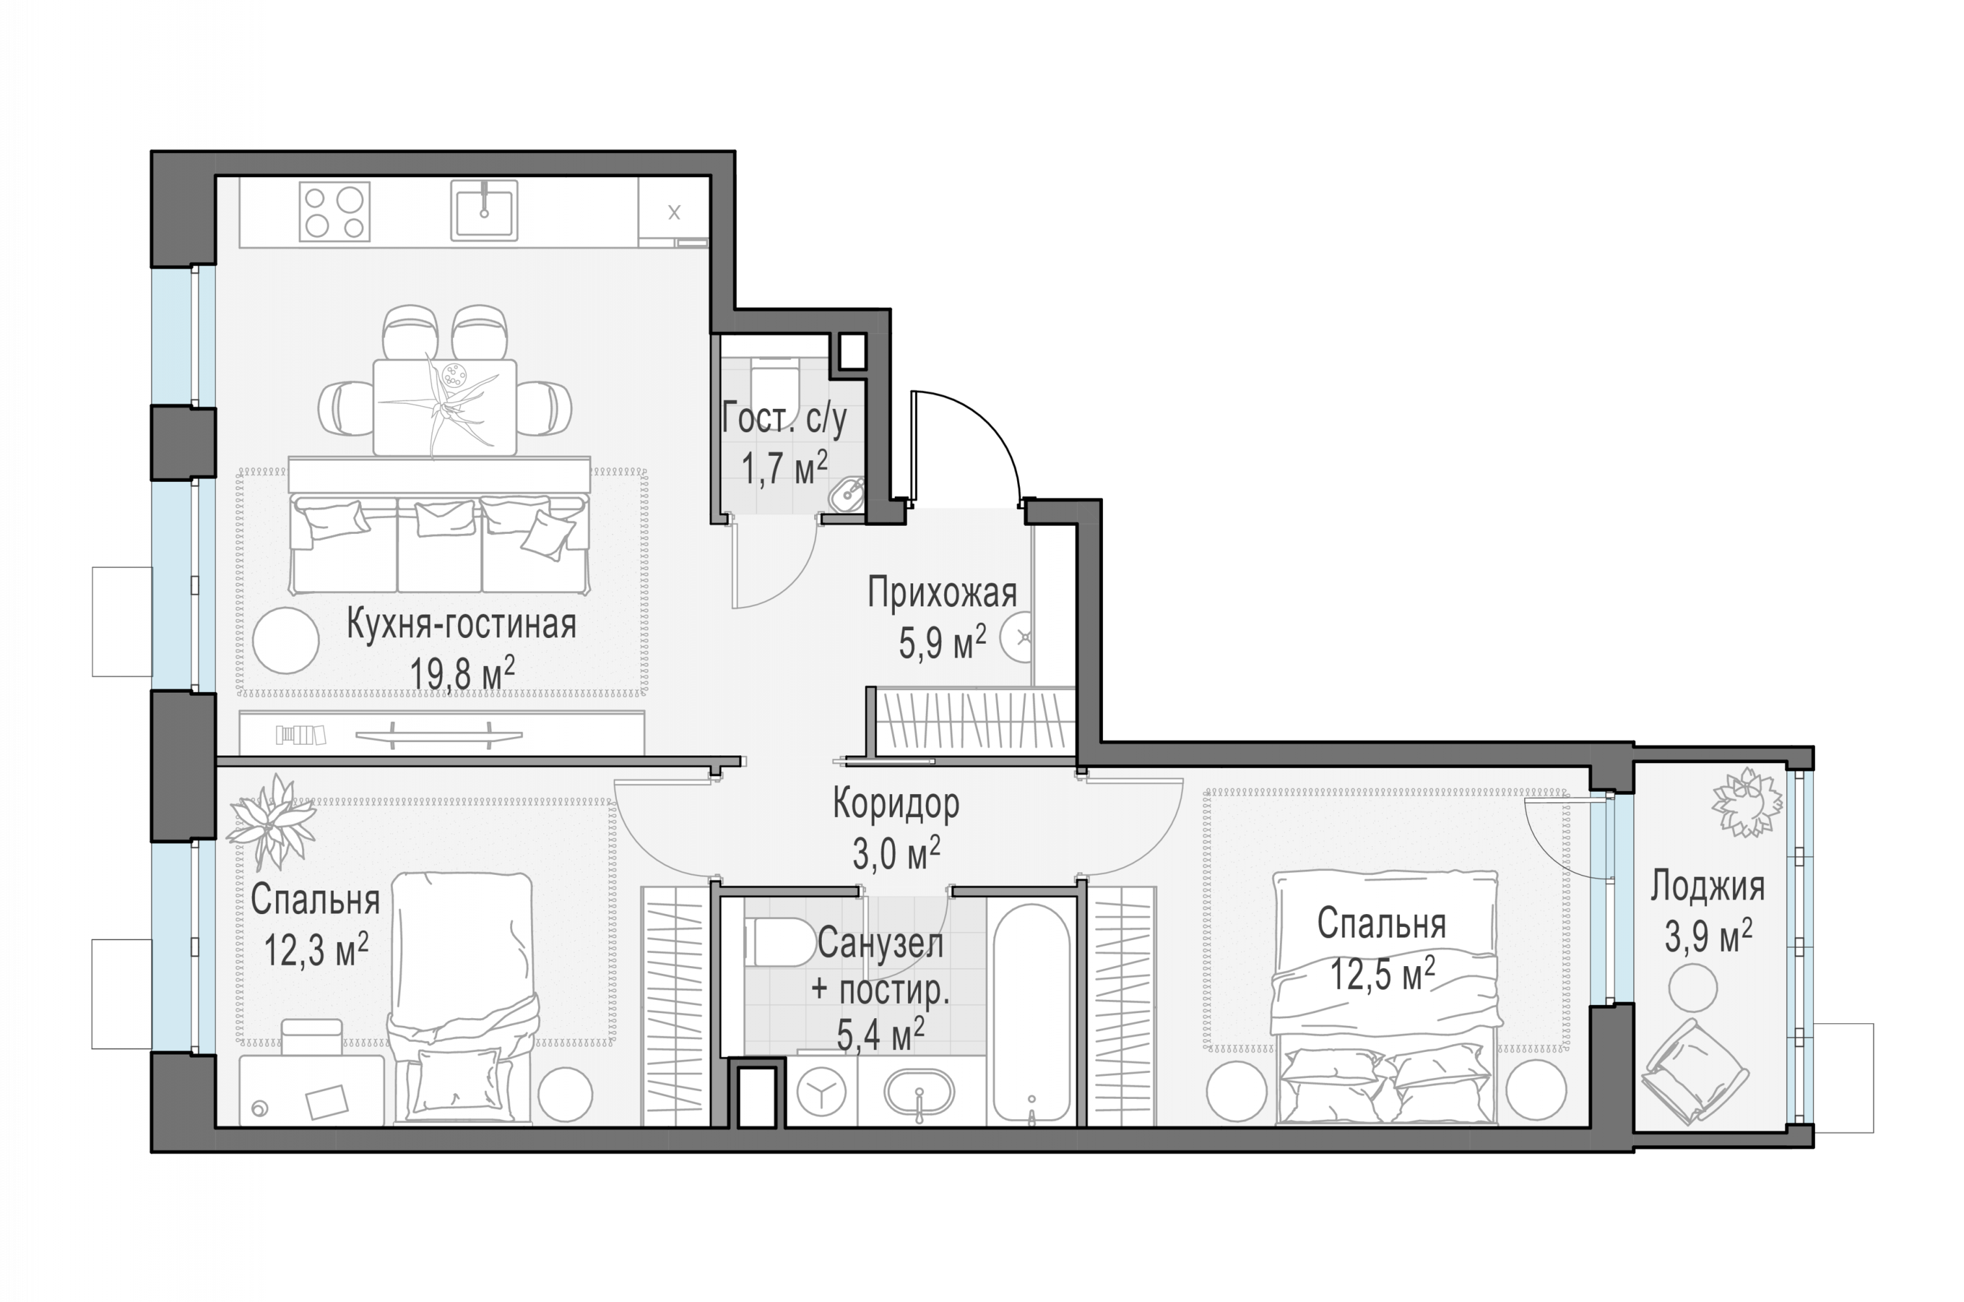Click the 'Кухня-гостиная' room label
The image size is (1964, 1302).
click(461, 624)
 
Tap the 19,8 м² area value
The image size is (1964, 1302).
click(462, 672)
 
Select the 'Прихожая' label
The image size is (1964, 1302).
click(942, 593)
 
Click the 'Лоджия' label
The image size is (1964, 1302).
click(1708, 886)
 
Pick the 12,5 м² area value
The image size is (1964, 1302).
click(1383, 973)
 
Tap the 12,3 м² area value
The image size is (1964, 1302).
click(316, 949)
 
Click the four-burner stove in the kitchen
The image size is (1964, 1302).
click(334, 212)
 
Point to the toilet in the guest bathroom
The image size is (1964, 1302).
click(774, 387)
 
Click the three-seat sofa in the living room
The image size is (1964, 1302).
click(439, 544)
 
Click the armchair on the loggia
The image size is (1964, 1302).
click(1695, 1072)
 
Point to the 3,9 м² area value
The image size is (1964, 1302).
click(1708, 936)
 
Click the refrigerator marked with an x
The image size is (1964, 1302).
click(673, 212)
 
